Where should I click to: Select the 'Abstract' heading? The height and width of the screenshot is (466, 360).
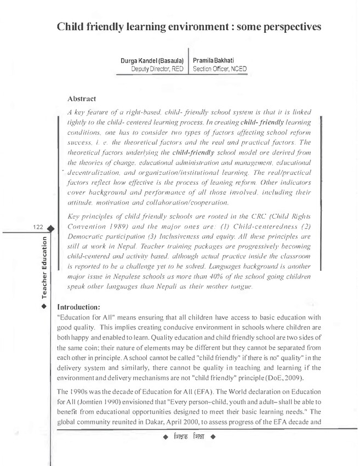tap(82, 99)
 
